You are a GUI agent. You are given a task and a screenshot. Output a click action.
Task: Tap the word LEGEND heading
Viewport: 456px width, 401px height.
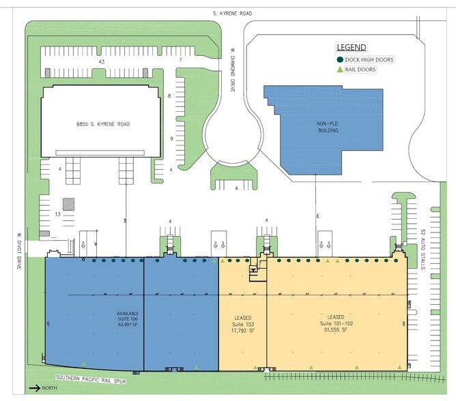coord(351,47)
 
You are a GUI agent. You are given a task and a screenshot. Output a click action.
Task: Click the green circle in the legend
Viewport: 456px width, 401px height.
coord(339,60)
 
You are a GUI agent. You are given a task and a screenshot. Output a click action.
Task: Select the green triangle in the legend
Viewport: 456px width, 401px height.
coord(339,69)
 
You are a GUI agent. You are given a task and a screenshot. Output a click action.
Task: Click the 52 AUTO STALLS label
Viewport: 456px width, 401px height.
coord(423,249)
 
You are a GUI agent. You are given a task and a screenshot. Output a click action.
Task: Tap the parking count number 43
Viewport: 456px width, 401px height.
coord(101,61)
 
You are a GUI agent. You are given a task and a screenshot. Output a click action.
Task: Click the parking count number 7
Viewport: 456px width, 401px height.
coord(180,61)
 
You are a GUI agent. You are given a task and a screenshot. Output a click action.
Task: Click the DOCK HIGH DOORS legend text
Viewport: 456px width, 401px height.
coord(369,60)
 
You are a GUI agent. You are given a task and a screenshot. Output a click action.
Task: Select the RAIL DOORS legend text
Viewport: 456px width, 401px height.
coord(362,69)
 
